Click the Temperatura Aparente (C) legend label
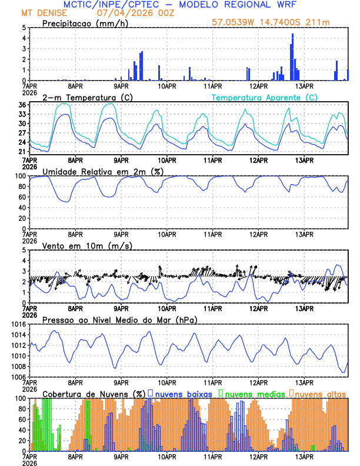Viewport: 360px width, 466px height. pos(264,97)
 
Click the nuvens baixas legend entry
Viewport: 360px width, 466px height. pos(183,393)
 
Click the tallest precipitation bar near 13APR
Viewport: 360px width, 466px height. pos(292,56)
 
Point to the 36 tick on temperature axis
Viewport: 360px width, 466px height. pos(21,105)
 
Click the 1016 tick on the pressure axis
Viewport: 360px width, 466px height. pos(18,324)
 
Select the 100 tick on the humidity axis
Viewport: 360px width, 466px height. pos(19,176)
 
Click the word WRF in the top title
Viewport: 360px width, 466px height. pos(292,5)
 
